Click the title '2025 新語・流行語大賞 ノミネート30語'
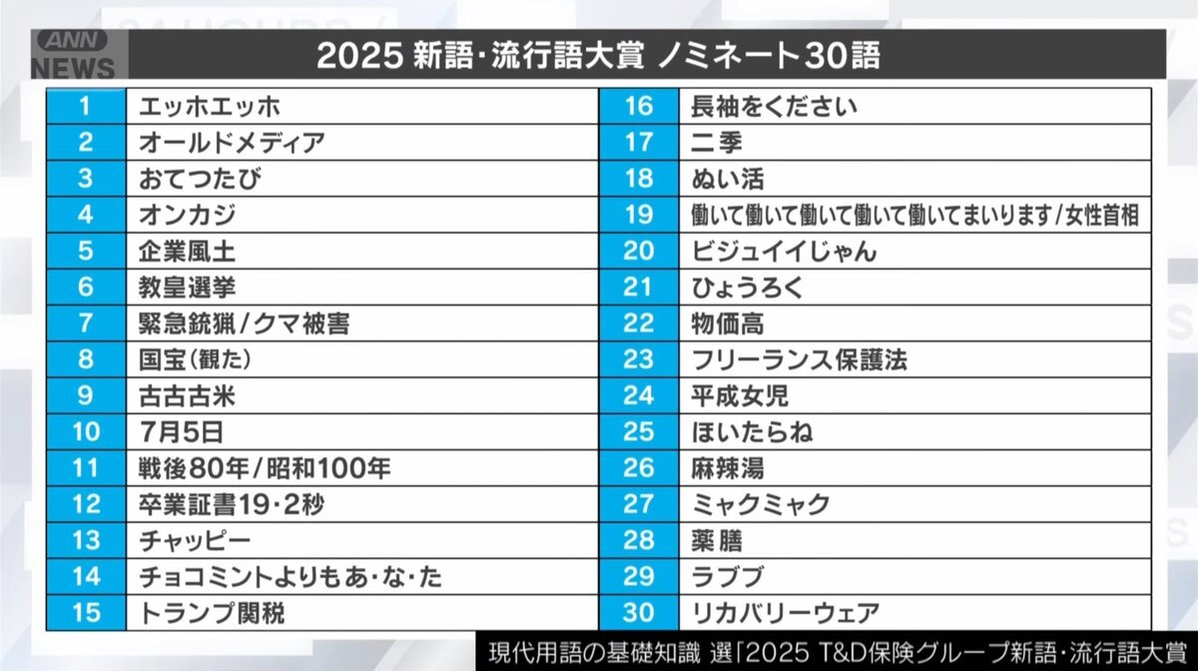[599, 56]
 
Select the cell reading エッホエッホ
[211, 107]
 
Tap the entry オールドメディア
[233, 143]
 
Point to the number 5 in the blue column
[85, 251]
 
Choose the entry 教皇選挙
[188, 288]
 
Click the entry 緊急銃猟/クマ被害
[245, 324]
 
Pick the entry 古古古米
[188, 395]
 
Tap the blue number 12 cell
[86, 504]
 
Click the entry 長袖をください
[774, 107]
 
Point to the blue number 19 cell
[638, 215]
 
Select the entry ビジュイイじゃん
[784, 252]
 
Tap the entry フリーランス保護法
[799, 359]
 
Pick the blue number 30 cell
[638, 612]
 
